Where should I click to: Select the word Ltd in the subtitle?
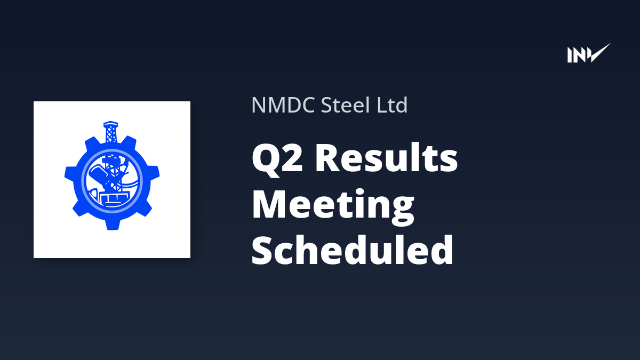coord(393,105)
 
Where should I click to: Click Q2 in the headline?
coord(277,158)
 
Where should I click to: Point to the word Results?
coord(387,157)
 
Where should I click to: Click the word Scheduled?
coord(353,250)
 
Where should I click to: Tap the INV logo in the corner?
coord(589,53)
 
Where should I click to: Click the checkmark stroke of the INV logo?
coord(599,53)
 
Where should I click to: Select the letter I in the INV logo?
coord(570,55)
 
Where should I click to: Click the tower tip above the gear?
coord(111,123)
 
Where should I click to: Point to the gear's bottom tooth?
coord(113,224)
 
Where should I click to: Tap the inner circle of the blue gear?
coord(112,181)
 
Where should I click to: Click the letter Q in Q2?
coord(265,159)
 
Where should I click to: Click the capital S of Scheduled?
coord(262,250)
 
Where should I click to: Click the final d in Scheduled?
coord(442,250)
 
